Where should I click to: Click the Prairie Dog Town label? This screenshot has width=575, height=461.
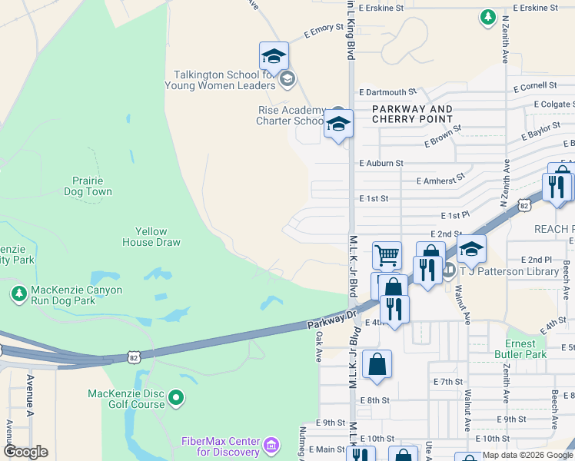point(87,186)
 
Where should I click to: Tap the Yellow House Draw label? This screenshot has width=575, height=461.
point(151,237)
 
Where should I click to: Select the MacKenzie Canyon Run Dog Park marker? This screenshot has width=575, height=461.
point(18,293)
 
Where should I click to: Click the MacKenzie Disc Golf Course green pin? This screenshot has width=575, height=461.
point(177,397)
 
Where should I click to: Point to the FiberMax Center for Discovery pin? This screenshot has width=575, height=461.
point(270,445)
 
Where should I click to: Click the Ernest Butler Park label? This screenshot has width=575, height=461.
point(526,349)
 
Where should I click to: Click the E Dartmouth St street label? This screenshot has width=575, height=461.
point(387,91)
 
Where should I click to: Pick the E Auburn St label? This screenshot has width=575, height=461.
point(381,163)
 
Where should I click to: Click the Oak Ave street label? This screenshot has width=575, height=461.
point(318,347)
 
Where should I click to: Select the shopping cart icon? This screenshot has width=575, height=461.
point(387,254)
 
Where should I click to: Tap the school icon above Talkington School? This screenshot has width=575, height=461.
point(274,55)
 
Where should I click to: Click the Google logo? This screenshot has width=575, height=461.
point(25,452)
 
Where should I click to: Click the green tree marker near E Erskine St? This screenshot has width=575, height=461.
point(487,16)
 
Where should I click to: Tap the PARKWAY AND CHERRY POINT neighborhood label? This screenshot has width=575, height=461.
point(412,114)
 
